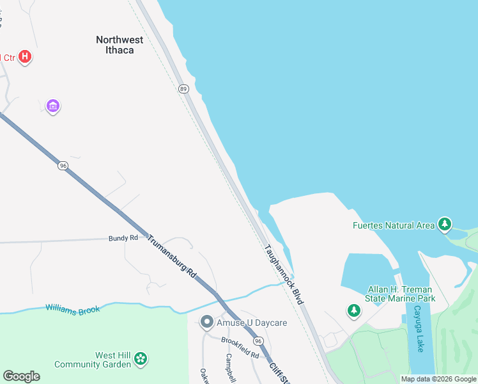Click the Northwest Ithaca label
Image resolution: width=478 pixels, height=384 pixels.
[119, 44]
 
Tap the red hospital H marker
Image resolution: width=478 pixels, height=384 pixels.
[25, 57]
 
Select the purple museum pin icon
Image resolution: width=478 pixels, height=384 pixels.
[53, 106]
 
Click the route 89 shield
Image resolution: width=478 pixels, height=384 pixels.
[183, 89]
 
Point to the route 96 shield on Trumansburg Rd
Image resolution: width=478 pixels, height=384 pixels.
[62, 165]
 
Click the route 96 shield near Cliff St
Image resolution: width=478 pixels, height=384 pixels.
[257, 341]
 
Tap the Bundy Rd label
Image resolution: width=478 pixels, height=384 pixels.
[123, 238]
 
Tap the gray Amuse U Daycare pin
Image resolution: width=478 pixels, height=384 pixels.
[206, 323]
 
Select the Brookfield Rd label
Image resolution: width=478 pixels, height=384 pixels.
[240, 347]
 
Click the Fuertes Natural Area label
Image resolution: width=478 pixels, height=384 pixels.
[393, 225]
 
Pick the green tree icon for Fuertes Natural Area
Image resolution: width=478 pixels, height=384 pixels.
[445, 225]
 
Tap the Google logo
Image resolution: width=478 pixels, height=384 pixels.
[21, 376]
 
